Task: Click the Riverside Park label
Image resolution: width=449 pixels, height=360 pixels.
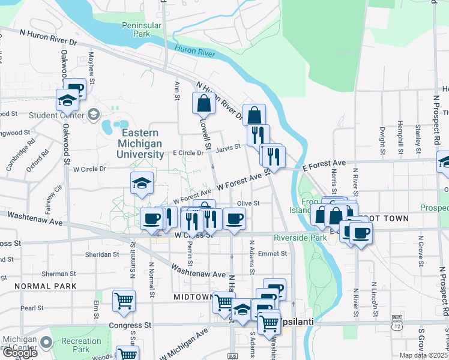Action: coord(300,238)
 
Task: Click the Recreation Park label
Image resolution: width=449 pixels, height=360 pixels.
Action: coord(80,345)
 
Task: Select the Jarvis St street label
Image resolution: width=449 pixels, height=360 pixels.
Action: coord(228,146)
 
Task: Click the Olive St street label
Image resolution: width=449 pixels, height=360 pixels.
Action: coord(248,203)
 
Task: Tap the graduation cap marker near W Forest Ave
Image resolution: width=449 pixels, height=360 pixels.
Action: coord(142,183)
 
